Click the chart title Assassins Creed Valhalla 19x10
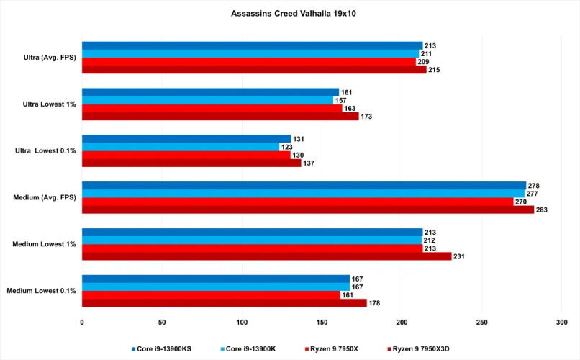290,13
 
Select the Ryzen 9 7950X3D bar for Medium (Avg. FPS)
308,210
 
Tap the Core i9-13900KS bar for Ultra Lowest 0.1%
186,139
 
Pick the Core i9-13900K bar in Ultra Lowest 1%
207,100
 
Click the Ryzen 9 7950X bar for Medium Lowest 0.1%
211,295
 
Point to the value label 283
543,210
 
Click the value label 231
460,256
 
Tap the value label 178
375,303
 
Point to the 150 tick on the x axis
322,322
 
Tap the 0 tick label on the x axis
82,322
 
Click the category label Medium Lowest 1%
44,244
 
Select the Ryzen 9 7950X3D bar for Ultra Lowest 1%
220,116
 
